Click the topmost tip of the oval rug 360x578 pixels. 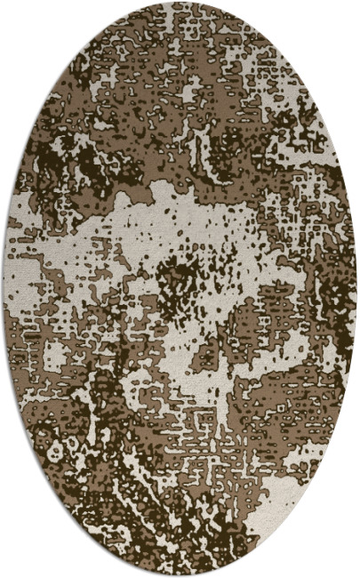tap(180, 3)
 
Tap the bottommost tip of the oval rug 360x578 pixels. tap(180, 575)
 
